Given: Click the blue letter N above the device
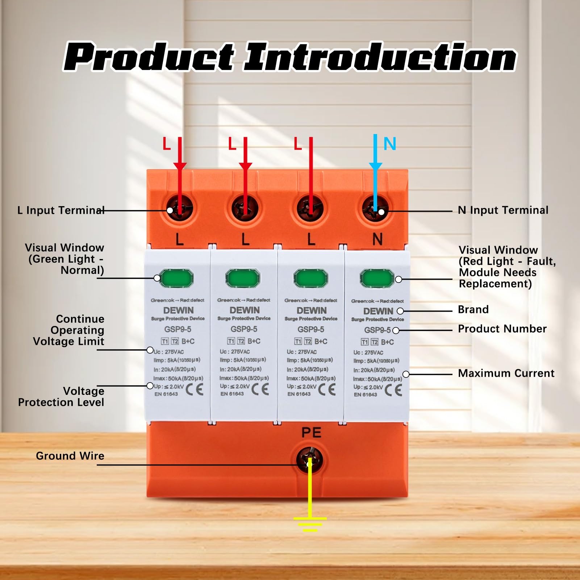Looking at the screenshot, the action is (390, 144).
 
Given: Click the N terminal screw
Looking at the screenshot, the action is (376, 209).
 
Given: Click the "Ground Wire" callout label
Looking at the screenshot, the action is (70, 456).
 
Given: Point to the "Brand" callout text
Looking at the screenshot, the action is (473, 309).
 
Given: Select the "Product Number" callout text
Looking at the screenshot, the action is (502, 329).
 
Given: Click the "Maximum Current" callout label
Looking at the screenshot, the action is (506, 373).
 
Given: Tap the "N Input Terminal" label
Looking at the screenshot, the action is (503, 210).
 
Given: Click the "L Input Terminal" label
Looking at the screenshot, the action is (61, 210).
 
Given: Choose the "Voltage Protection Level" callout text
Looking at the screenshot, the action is (61, 397).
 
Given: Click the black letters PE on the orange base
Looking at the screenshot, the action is (311, 433).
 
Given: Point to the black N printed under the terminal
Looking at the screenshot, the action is (377, 239).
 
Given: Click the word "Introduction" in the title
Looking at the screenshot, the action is (380, 57).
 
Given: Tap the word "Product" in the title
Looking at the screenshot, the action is (149, 57).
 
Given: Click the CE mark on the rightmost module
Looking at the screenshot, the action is (393, 390).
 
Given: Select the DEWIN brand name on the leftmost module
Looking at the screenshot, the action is (178, 310).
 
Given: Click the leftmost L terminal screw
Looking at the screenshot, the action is (179, 209).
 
